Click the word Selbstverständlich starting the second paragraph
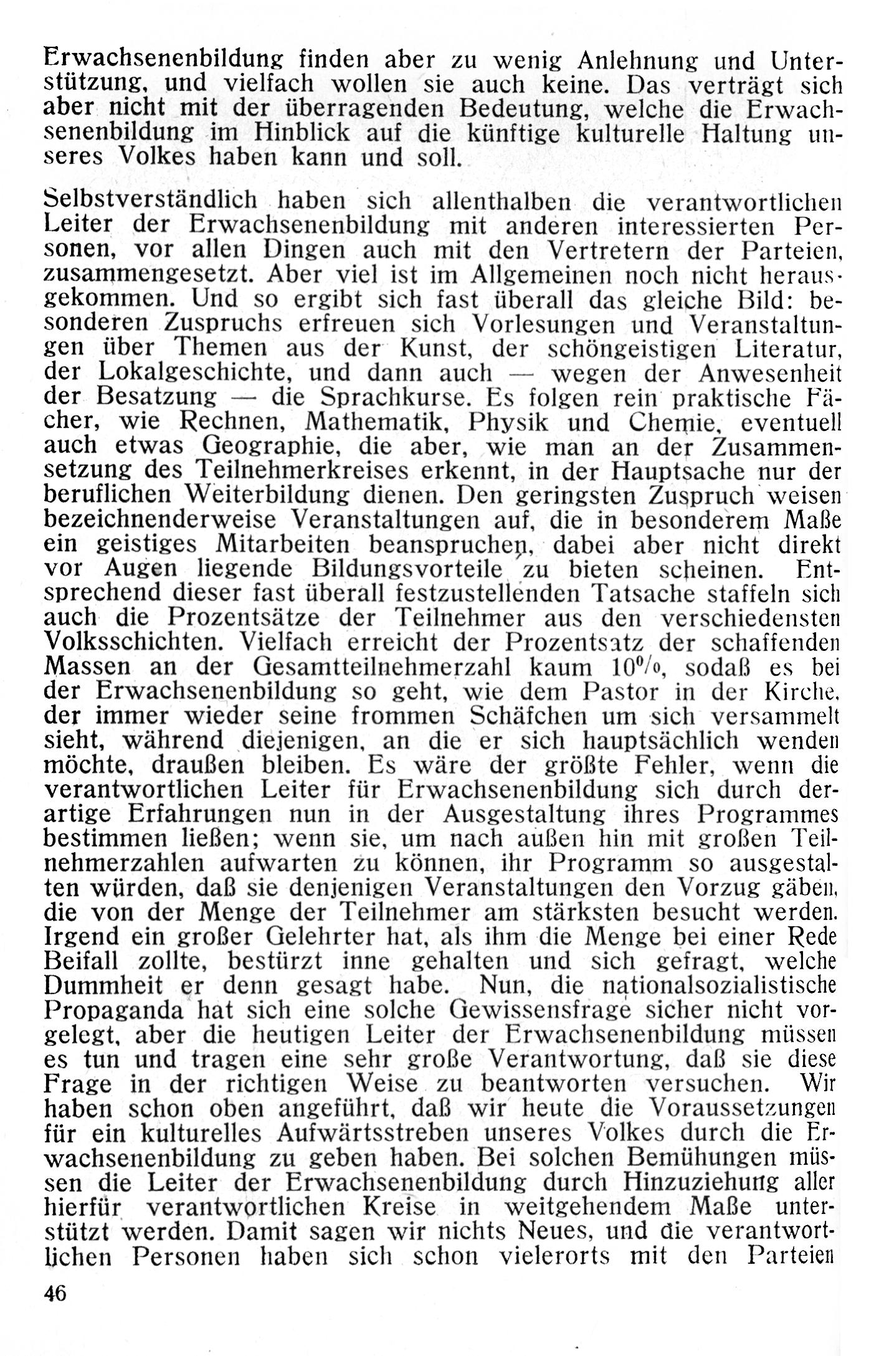point(151,201)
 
